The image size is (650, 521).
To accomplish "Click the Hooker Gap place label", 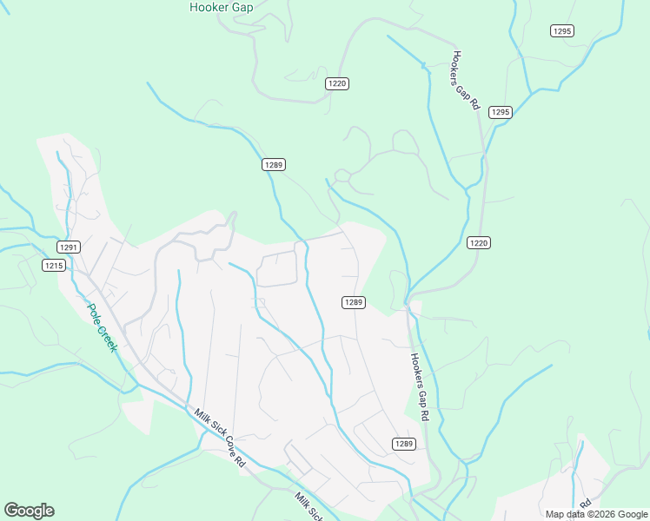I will click(221, 8).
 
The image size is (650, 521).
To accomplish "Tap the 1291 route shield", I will click(70, 247).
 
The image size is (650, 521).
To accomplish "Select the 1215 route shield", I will click(53, 266).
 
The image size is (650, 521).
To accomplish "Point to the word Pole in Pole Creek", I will click(93, 311).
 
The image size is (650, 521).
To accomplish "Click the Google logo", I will click(29, 511).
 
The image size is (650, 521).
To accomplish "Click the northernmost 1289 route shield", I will click(274, 164).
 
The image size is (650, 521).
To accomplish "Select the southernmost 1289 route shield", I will click(403, 444).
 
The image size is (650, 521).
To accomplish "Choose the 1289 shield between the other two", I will click(352, 302).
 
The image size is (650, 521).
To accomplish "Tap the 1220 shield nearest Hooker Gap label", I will click(337, 83).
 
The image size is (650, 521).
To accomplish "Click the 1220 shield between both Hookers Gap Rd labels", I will click(476, 242).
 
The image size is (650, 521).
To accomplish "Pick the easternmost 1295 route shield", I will click(562, 31).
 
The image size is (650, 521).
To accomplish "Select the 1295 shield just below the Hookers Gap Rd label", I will click(500, 112).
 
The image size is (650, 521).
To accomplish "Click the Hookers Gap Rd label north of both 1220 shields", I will click(465, 79).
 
